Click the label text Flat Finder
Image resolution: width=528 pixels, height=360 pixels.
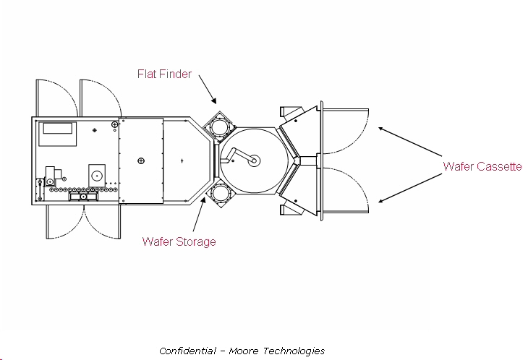165,74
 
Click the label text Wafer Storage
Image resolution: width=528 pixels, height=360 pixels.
179,241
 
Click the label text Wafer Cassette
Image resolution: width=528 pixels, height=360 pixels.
482,166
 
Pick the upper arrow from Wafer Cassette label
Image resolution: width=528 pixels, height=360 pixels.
409,142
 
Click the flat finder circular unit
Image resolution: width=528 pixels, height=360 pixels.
218,127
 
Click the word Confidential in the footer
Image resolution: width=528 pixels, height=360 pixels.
187,351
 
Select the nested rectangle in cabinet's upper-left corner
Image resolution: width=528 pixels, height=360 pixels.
59,130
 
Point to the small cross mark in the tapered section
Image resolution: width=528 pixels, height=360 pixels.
182,159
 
